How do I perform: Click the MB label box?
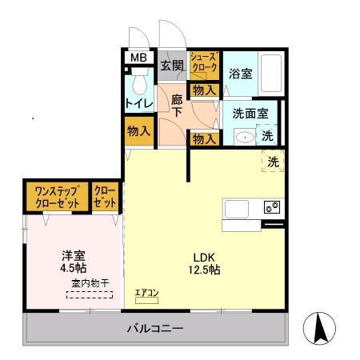click(138, 58)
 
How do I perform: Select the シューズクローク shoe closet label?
click(203, 64)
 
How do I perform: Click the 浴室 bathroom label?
click(241, 74)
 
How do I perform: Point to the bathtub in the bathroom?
click(271, 74)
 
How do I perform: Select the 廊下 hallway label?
click(178, 107)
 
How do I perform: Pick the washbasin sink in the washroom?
click(244, 137)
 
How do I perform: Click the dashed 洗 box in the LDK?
click(273, 161)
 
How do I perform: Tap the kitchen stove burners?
click(271, 208)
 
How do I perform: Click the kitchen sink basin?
click(239, 209)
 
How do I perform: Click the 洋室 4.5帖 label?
click(74, 263)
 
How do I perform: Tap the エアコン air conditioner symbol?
click(147, 295)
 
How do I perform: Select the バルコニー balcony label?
click(155, 329)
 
